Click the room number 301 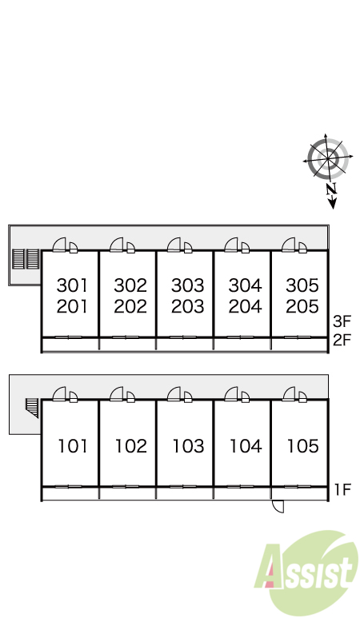tap(72, 285)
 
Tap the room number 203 tap(188, 306)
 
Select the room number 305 tap(302, 285)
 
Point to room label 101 tap(73, 446)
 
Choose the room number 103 tap(188, 446)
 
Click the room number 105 tap(303, 446)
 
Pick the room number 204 tap(245, 306)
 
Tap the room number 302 tap(130, 285)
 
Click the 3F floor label tap(342, 321)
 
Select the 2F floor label tap(342, 340)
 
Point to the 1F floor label tap(342, 489)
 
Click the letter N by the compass tap(332, 189)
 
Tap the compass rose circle tap(328, 159)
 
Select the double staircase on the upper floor tap(26, 259)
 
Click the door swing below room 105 tap(278, 506)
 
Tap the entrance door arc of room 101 tap(59, 393)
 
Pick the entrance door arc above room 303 tap(174, 245)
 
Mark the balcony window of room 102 tap(126, 487)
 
